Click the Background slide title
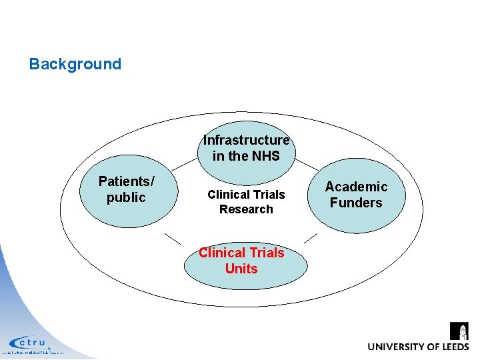coord(75,64)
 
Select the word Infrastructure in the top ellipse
coord(246,140)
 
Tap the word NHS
coord(265,157)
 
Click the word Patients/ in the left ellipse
coord(127,181)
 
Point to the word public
coord(126,198)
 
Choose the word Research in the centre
coord(246,209)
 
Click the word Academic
coord(356,187)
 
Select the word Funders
coord(356,203)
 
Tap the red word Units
coord(241,269)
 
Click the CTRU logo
coord(30,343)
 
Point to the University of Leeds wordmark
coord(418,347)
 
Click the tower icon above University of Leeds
coord(459,331)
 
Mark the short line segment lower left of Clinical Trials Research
coord(173,238)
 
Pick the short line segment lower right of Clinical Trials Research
coord(310,237)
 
